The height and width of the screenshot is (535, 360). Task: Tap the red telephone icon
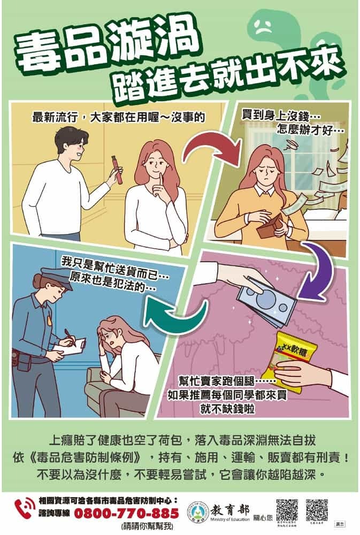(25, 508)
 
